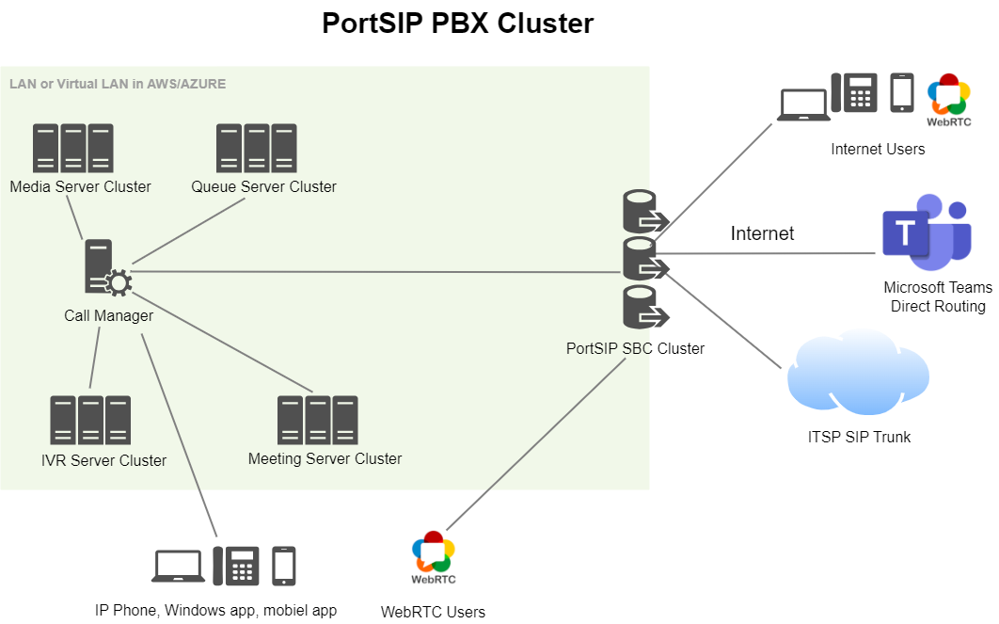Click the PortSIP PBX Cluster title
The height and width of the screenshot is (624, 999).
(458, 23)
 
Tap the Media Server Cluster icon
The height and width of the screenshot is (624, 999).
(73, 148)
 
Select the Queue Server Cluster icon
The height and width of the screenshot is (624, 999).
(257, 148)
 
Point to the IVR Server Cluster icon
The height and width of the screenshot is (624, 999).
(90, 420)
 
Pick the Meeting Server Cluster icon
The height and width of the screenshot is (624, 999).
(318, 420)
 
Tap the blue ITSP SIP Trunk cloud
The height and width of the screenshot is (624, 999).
(857, 375)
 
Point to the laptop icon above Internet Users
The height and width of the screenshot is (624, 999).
(803, 104)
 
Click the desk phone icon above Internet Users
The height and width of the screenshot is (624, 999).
(854, 93)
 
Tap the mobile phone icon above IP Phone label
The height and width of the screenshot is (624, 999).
(283, 566)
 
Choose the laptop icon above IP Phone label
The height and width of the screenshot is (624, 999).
(178, 566)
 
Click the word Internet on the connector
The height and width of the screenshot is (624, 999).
(762, 233)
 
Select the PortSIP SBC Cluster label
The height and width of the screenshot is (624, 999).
(635, 348)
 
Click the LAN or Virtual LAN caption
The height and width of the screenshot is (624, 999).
(118, 84)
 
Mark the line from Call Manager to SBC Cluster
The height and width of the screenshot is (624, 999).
(376, 271)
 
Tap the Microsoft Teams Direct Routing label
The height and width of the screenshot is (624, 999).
(937, 296)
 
